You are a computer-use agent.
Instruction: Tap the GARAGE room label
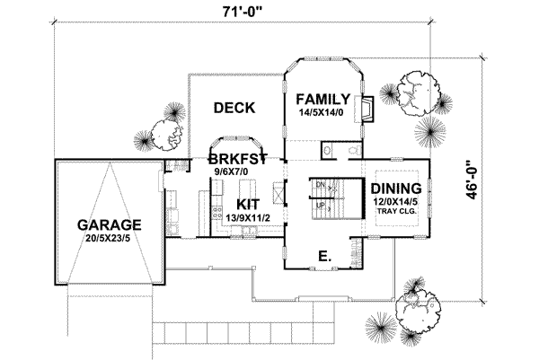click(108, 224)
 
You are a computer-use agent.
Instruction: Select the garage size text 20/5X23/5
click(108, 239)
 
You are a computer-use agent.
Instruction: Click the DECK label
click(234, 108)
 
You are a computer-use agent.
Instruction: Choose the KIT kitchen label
click(248, 203)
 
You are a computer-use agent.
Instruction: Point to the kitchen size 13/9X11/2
click(248, 217)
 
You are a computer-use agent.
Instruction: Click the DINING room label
click(396, 189)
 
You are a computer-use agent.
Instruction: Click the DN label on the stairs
click(319, 184)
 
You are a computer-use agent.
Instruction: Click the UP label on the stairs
click(319, 206)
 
